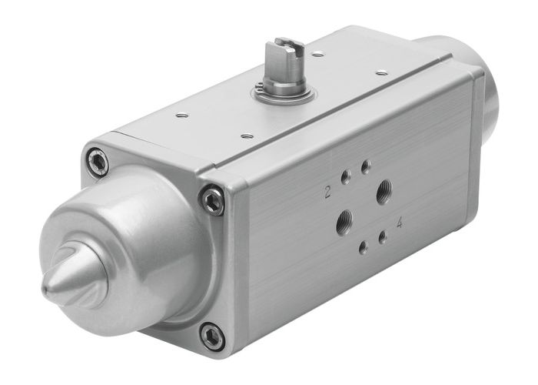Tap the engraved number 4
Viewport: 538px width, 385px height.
pos(399,223)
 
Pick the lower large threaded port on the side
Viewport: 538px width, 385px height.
pos(342,223)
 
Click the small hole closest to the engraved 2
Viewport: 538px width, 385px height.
pos(346,178)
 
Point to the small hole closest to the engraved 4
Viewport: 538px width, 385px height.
pos(382,238)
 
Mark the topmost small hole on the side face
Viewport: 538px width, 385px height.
pos(366,166)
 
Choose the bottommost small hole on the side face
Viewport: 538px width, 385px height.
pos(362,248)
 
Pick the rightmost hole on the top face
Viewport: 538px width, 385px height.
pos(382,73)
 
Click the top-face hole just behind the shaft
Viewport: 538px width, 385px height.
pos(317,55)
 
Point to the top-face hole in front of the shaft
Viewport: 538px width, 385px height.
pos(246,136)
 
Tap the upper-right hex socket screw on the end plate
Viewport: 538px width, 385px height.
pos(212,200)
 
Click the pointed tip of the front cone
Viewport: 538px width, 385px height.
pos(48,287)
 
